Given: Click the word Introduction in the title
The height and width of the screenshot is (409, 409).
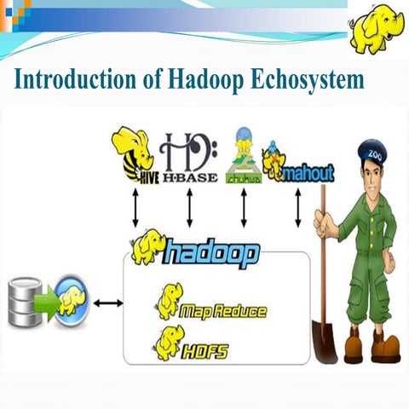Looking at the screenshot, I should point(66,81).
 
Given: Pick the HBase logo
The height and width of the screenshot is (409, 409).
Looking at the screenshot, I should point(189,158).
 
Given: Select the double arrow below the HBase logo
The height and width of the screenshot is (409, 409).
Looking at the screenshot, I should point(189,206).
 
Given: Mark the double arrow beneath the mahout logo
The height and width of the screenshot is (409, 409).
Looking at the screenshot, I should point(297,206).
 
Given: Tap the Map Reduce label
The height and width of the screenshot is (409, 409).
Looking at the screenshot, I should point(223,311).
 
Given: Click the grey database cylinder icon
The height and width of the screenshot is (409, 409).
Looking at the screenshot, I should point(24,302).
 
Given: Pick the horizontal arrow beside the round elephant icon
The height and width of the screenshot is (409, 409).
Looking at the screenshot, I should point(108,302).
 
